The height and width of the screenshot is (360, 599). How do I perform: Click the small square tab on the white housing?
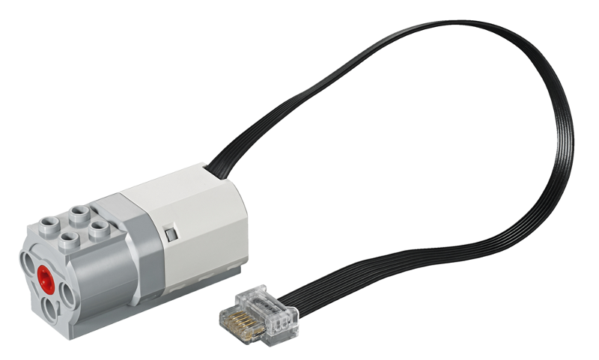coord(171,236)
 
